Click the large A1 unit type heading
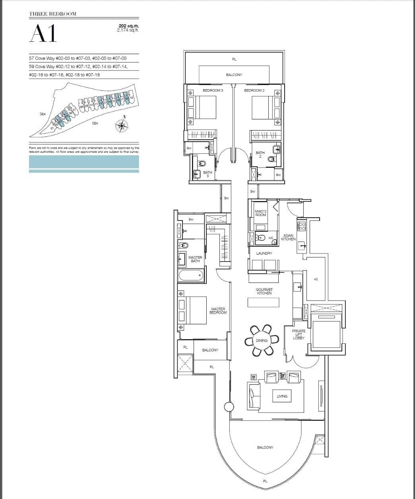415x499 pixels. pyautogui.click(x=43, y=34)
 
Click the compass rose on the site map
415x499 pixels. pyautogui.click(x=121, y=125)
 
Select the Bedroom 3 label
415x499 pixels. pyautogui.click(x=213, y=91)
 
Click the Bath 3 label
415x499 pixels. pyautogui.click(x=207, y=174)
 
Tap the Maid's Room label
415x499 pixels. pyautogui.click(x=261, y=213)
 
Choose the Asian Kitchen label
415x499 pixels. pyautogui.click(x=288, y=237)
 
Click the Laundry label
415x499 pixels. pyautogui.click(x=264, y=253)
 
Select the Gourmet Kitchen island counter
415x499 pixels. pyautogui.click(x=264, y=302)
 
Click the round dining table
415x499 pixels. pyautogui.click(x=262, y=341)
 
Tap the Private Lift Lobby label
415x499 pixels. pyautogui.click(x=299, y=335)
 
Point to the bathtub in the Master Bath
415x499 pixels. pyautogui.click(x=191, y=275)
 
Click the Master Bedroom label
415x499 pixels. pyautogui.click(x=218, y=311)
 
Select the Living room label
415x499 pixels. pyautogui.click(x=282, y=396)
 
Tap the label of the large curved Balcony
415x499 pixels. pyautogui.click(x=265, y=448)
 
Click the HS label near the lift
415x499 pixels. pyautogui.click(x=316, y=279)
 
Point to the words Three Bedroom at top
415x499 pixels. pyautogui.click(x=52, y=14)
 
